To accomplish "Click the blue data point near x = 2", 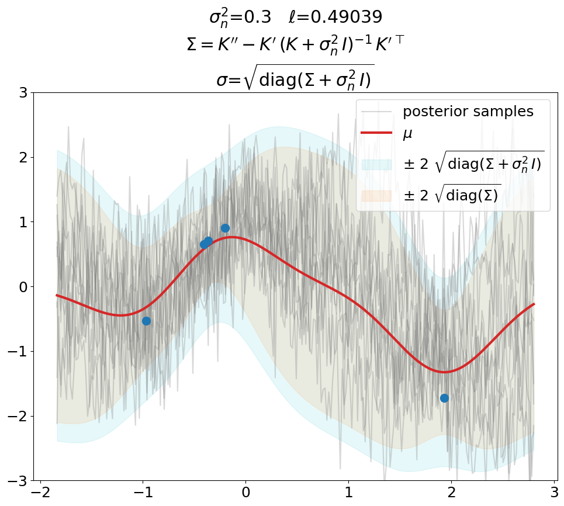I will tap(444, 398).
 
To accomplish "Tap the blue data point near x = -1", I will tap(146, 321).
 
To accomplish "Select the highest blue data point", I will tap(225, 228).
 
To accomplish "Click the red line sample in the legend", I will tap(376, 133).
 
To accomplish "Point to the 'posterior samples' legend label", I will tap(468, 112).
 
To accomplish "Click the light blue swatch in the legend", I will tap(376, 165).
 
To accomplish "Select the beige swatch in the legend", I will tap(376, 196).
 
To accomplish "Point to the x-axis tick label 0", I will tap(245, 493).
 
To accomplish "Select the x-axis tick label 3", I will tap(554, 493).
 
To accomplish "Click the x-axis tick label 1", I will tap(348, 493).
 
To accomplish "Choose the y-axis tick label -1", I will tap(18, 352).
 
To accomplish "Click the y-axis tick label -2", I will tap(18, 416).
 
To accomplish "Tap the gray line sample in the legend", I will tap(376, 112).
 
